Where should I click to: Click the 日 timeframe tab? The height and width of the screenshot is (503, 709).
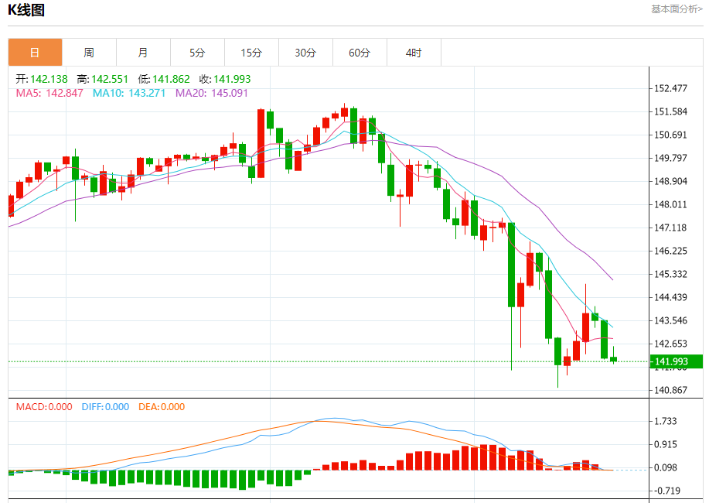point(35,53)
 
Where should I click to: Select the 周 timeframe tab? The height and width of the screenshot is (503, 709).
point(89,53)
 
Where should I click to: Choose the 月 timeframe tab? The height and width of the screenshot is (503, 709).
point(143,53)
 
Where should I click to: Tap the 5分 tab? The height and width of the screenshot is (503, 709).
point(197,53)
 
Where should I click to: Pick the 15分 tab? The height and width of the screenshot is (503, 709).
point(251,53)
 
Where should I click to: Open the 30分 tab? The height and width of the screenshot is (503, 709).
point(305,53)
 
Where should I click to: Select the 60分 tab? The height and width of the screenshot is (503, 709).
point(360,53)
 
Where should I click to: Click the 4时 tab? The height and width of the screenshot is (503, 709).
point(414,53)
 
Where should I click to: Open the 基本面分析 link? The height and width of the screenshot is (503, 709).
point(677,9)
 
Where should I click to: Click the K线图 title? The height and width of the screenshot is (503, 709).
point(26,10)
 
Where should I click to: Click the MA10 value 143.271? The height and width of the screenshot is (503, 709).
point(147,93)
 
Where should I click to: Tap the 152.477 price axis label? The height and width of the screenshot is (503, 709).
point(671,88)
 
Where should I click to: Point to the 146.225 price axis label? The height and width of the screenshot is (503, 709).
point(671,251)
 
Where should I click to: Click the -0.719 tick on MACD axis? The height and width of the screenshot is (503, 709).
point(666,491)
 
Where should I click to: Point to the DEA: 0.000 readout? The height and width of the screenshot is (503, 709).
point(162,406)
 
